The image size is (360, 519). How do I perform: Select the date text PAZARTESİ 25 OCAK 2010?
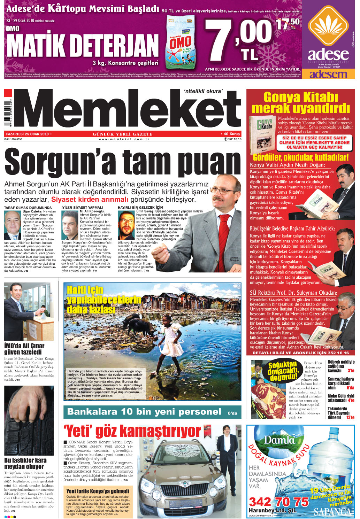[x=28, y=134]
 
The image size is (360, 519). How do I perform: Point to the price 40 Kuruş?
[x=231, y=134]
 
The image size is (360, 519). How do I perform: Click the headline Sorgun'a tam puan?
[x=122, y=162]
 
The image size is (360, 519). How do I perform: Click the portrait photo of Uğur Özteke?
[x=13, y=224]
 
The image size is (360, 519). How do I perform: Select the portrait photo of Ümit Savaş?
[x=126, y=224]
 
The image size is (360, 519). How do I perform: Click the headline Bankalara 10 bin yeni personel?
[x=144, y=412]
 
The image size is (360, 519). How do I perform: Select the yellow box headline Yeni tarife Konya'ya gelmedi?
[x=98, y=491]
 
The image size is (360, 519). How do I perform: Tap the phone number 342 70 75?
[x=278, y=502]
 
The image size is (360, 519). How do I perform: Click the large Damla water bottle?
[x=331, y=460]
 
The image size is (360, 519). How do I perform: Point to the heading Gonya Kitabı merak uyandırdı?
[x=300, y=102]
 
